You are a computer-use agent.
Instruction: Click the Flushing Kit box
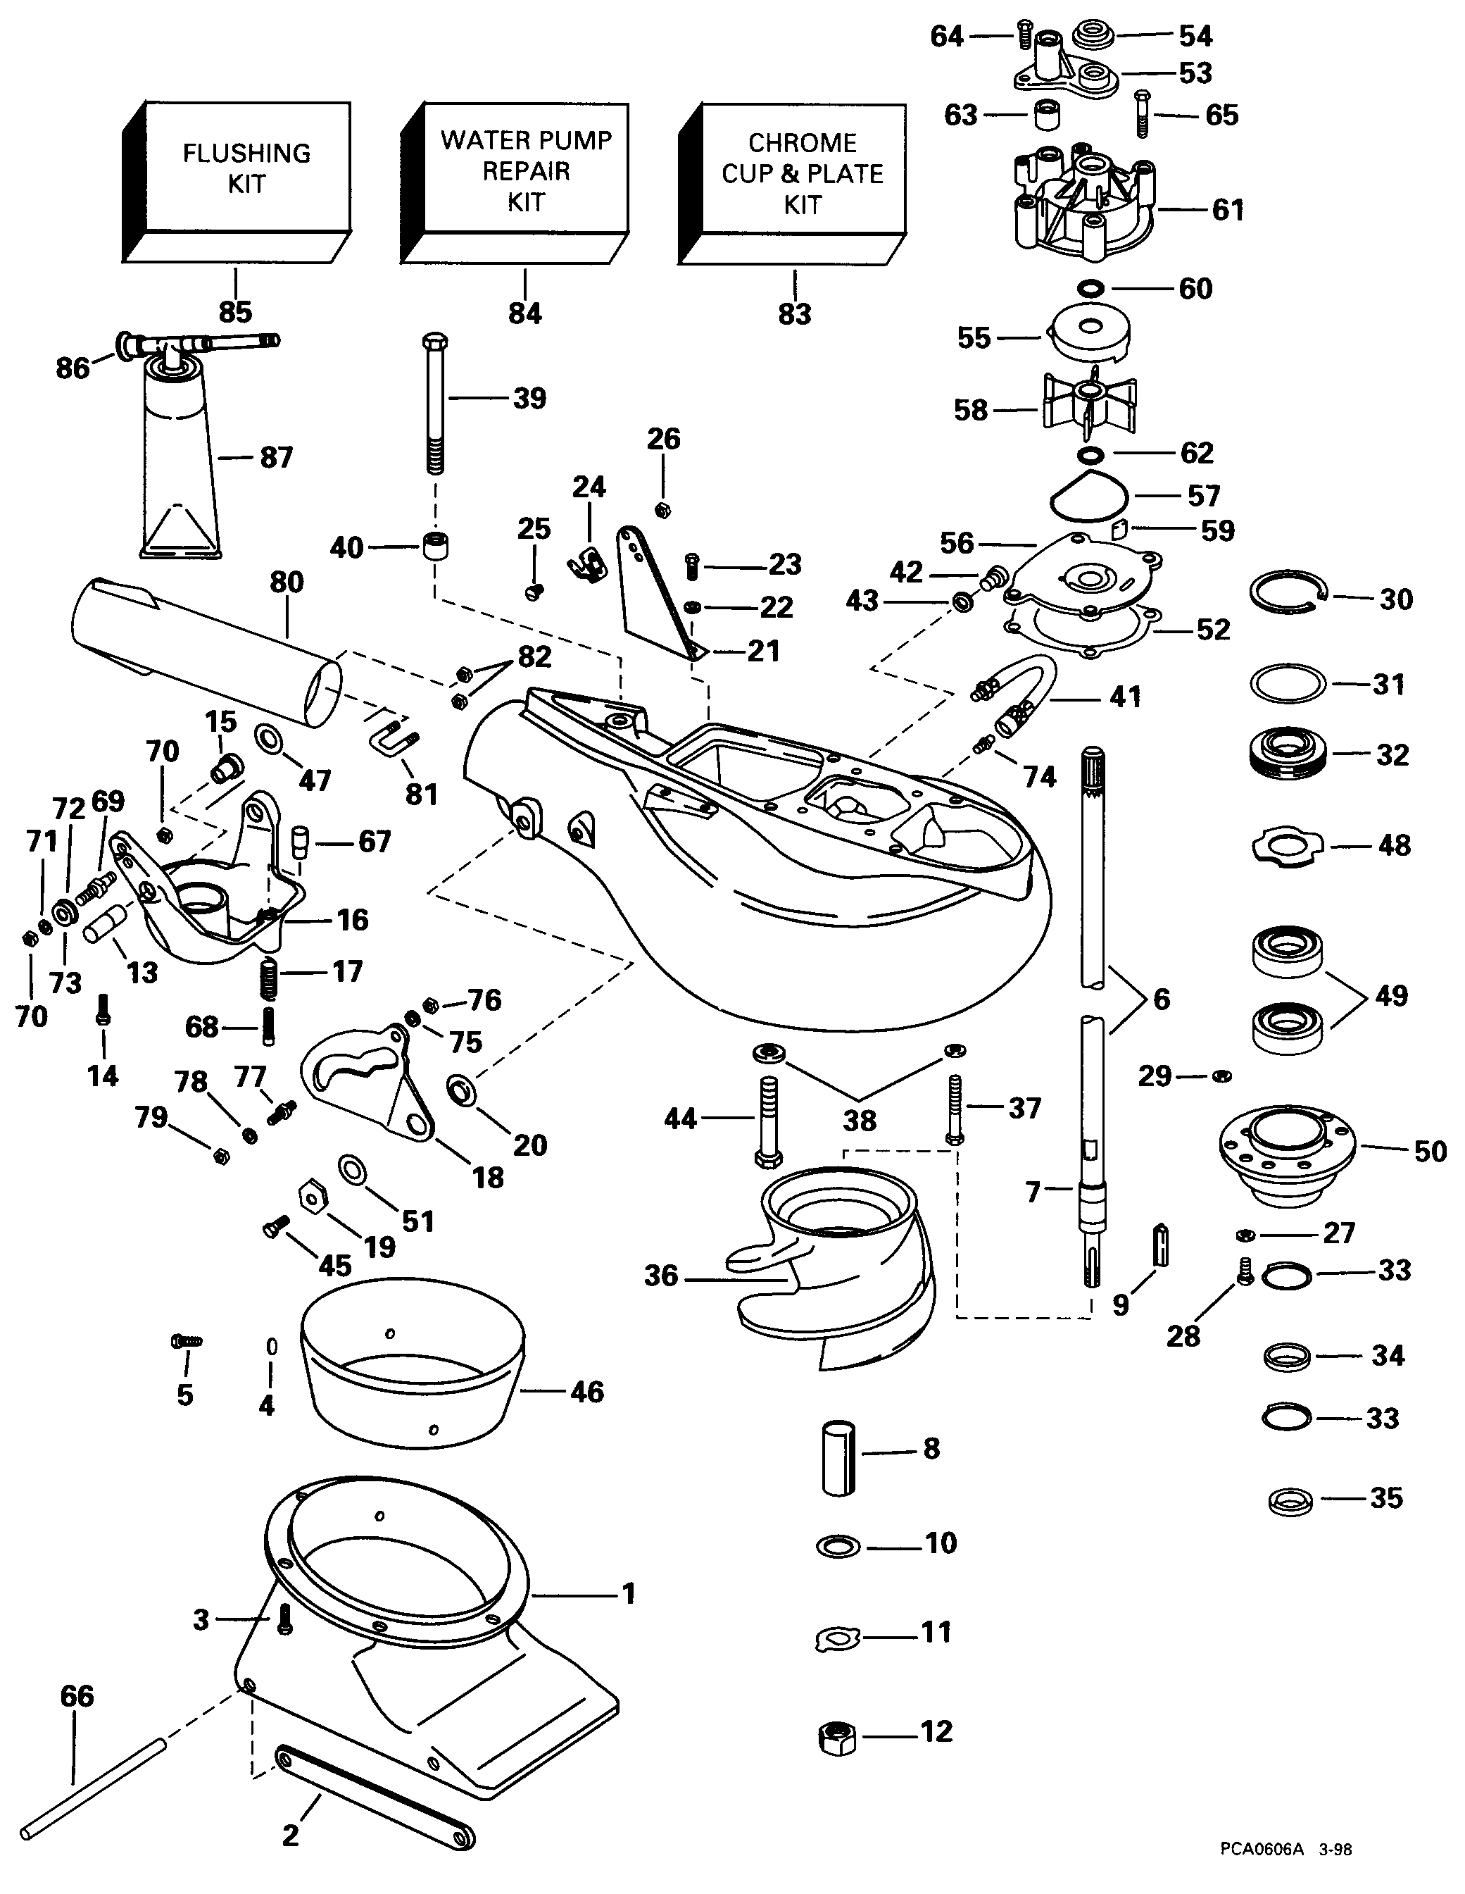pos(246,169)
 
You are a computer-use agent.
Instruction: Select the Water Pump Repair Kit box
pos(525,171)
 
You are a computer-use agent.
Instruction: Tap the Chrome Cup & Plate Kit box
pos(802,173)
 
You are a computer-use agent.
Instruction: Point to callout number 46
pos(587,1392)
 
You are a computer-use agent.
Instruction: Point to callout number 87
pos(277,457)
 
